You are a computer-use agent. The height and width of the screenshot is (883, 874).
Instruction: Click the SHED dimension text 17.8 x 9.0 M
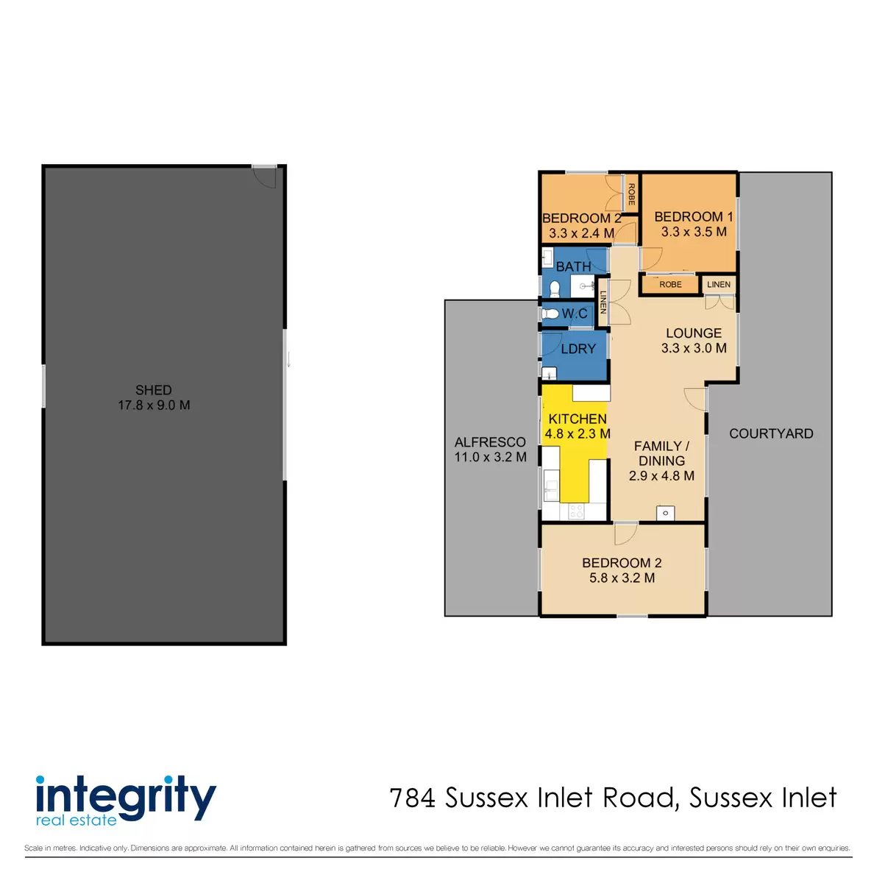(x=154, y=405)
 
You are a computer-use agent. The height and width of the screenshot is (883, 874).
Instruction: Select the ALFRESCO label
(x=490, y=442)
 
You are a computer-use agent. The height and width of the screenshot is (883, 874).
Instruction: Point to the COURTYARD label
(x=771, y=434)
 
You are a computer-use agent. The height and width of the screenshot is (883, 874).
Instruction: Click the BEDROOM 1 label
(x=693, y=217)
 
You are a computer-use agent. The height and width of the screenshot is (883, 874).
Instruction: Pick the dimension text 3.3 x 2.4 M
(x=581, y=233)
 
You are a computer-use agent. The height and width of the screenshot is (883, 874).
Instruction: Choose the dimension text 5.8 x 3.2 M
(x=622, y=578)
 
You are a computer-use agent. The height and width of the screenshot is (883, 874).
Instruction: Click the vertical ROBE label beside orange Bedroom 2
(x=631, y=194)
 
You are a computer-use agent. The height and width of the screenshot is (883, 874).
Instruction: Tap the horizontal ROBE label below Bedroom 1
(x=670, y=285)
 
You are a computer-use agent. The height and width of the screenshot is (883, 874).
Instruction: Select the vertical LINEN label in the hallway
(x=603, y=302)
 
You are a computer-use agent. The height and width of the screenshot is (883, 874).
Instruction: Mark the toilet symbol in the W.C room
(x=550, y=314)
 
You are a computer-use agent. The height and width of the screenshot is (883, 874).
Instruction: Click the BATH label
(x=573, y=266)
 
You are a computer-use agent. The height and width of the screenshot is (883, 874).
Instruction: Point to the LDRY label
(x=578, y=349)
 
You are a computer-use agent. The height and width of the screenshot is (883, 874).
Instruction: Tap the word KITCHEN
(x=578, y=419)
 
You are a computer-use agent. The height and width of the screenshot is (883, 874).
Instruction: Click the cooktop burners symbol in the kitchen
(x=576, y=511)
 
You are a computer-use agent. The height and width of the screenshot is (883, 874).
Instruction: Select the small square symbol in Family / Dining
(x=665, y=513)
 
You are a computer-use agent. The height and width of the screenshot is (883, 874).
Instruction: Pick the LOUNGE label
(x=693, y=333)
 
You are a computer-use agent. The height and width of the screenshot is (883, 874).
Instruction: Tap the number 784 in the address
(x=413, y=798)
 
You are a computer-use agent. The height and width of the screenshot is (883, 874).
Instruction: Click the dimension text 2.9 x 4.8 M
(x=661, y=476)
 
